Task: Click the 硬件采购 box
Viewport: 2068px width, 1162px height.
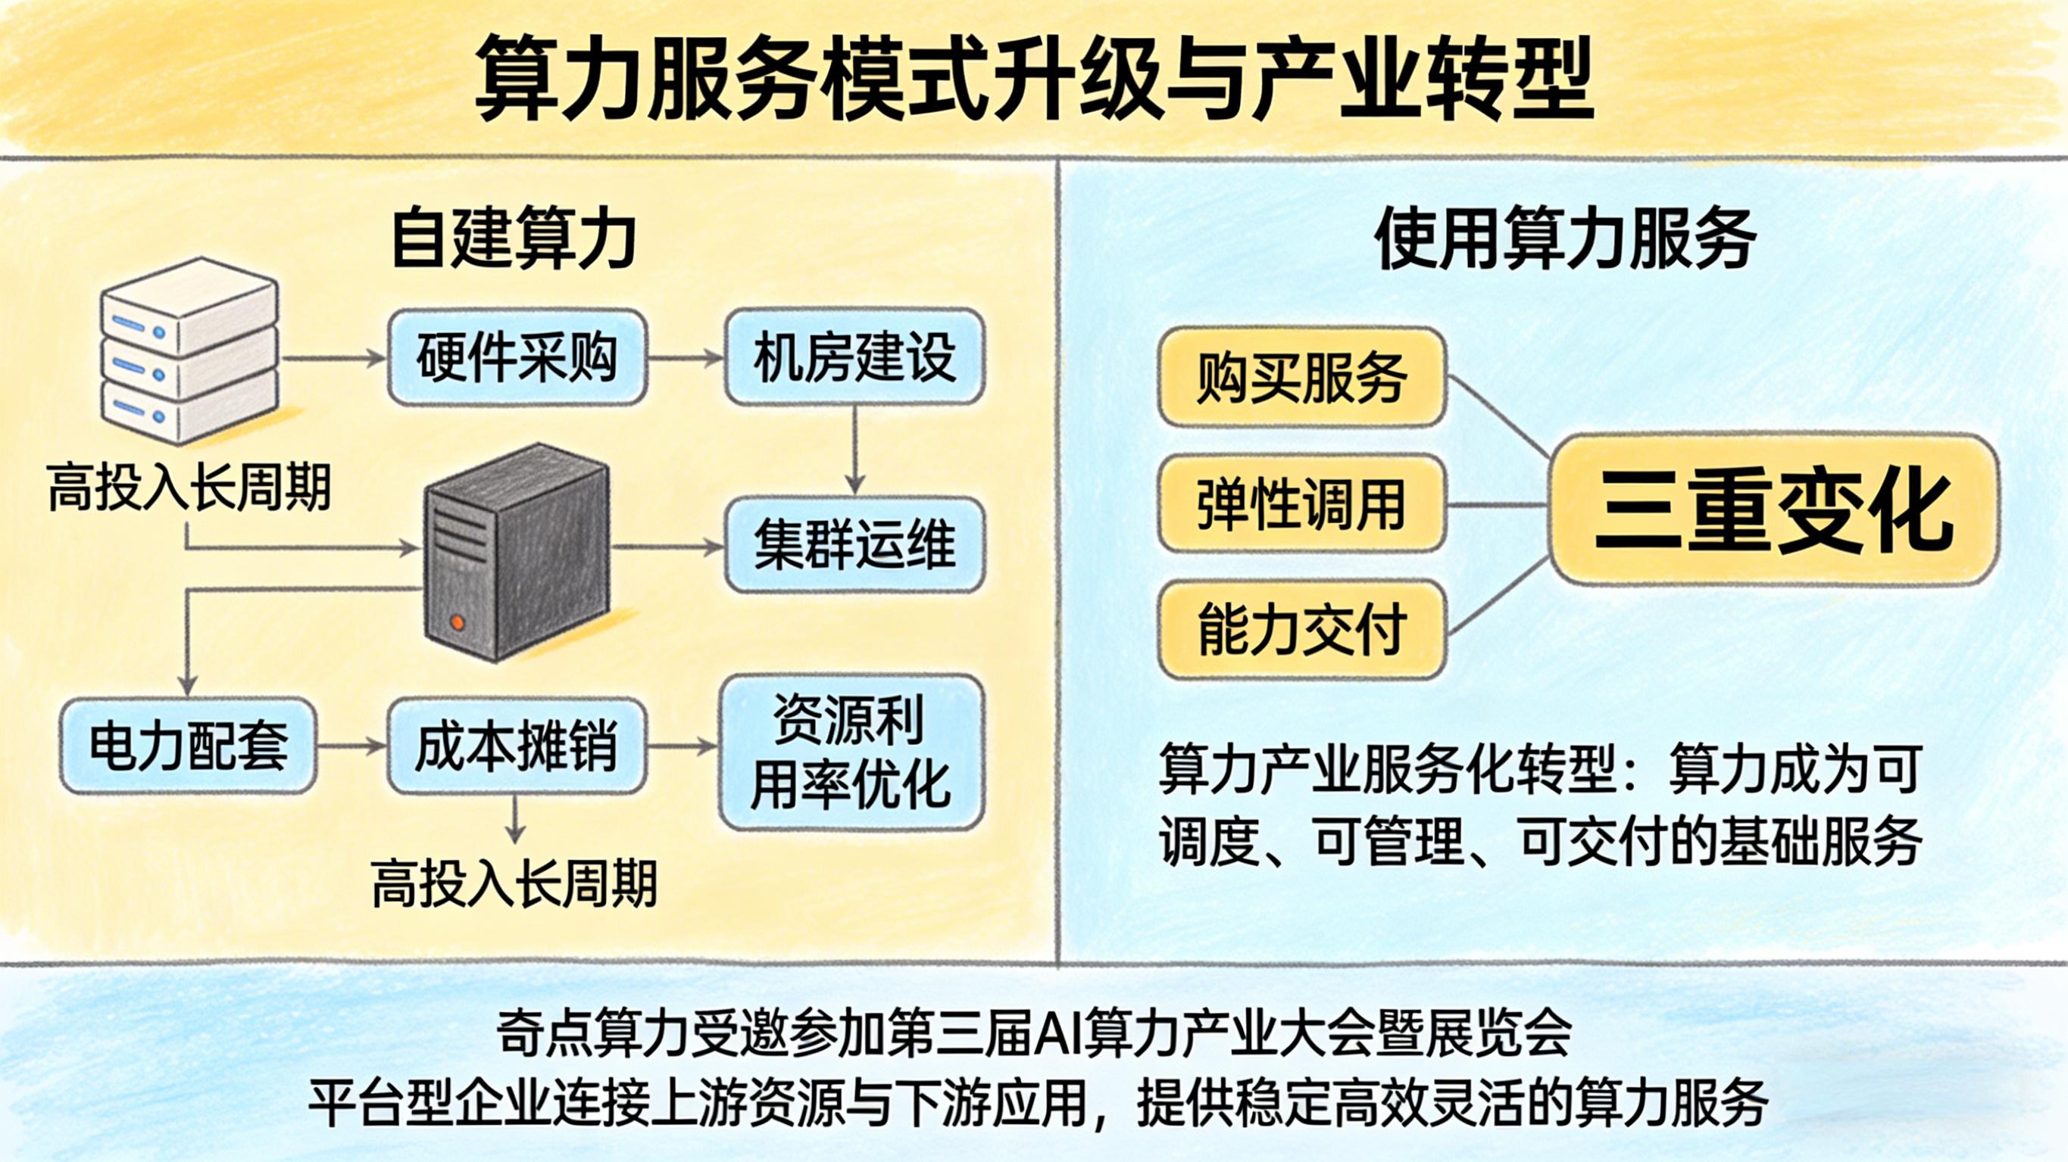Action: [517, 358]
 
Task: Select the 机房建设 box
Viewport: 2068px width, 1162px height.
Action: [854, 358]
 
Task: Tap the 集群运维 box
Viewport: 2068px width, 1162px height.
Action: [854, 545]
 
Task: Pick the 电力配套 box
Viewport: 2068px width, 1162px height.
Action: [189, 746]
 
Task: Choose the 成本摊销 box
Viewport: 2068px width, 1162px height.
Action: [517, 746]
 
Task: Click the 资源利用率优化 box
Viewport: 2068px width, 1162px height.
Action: [851, 751]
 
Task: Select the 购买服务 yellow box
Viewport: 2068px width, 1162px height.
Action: [1301, 377]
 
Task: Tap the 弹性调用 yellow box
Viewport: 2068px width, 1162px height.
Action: [1301, 504]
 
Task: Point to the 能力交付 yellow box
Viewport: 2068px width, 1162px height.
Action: [1301, 631]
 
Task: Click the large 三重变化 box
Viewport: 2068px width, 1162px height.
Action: [1773, 509]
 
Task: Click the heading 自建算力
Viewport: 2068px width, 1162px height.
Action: [514, 238]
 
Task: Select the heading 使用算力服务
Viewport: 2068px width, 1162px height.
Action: [1566, 238]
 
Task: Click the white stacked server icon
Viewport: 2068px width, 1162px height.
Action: [189, 351]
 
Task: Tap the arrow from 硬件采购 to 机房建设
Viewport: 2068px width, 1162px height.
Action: [686, 358]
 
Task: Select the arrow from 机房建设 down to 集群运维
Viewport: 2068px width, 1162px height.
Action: [855, 450]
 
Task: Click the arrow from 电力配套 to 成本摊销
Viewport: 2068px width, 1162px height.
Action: [351, 746]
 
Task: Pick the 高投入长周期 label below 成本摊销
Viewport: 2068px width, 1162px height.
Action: [514, 883]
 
